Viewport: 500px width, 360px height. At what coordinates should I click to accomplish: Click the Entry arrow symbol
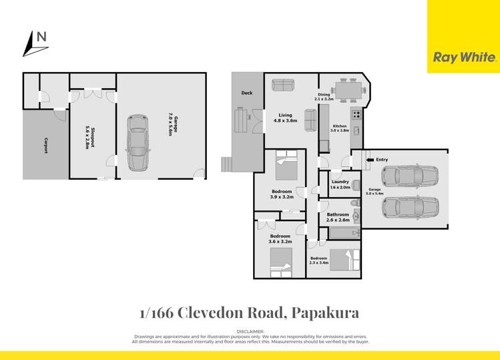(x=370, y=160)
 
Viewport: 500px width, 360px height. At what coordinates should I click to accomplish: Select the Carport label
(x=46, y=146)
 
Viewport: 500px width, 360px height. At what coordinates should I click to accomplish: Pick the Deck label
(x=246, y=93)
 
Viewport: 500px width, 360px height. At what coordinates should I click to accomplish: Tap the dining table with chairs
(x=346, y=89)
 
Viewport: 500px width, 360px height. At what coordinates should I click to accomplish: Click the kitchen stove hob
(x=356, y=114)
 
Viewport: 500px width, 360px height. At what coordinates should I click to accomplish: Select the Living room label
(x=285, y=118)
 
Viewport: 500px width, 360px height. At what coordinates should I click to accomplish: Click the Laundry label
(x=340, y=184)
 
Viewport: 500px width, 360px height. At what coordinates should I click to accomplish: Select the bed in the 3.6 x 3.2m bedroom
(x=280, y=262)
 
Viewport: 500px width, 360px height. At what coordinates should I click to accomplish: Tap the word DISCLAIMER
(x=250, y=331)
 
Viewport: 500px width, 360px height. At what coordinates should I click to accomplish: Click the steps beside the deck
(x=228, y=162)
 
